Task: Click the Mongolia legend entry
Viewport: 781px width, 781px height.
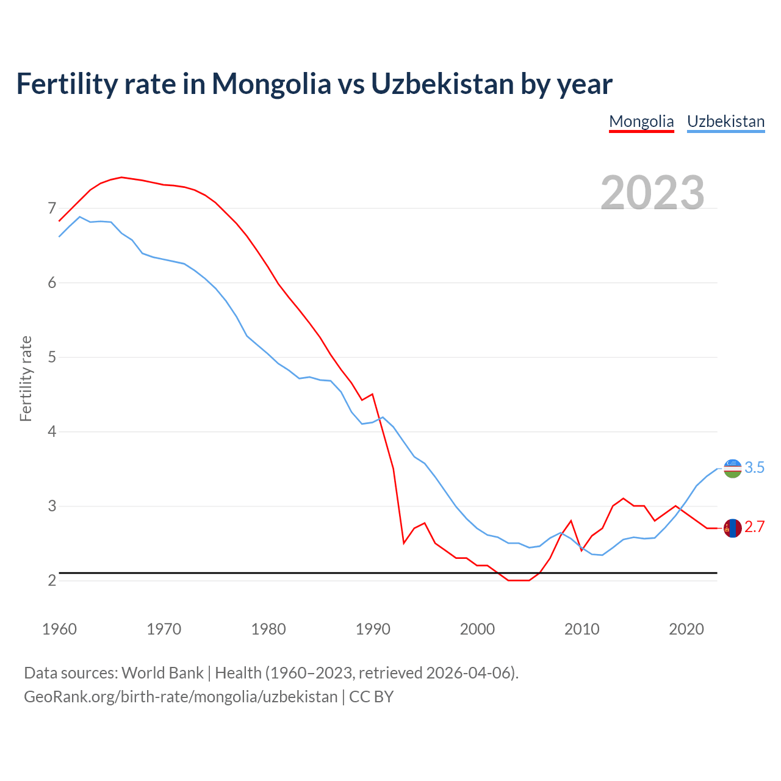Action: click(x=641, y=121)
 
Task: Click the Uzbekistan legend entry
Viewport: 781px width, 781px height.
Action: click(x=725, y=121)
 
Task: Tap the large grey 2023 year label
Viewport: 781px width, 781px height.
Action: click(x=652, y=193)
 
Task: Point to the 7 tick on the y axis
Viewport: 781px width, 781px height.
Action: click(x=52, y=209)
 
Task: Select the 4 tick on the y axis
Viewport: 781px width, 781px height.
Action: click(x=52, y=432)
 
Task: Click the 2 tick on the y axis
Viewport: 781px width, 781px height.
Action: click(x=52, y=580)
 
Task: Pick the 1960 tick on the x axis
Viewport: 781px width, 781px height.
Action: click(x=59, y=629)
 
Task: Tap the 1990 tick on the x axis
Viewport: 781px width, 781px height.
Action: click(x=373, y=629)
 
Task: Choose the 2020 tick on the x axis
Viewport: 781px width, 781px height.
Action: click(x=686, y=629)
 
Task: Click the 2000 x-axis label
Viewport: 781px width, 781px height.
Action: click(x=477, y=629)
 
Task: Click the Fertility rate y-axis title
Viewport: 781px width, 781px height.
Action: click(x=26, y=378)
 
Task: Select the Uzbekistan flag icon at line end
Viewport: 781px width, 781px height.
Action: click(x=732, y=468)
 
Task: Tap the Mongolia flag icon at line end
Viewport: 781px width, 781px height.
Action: click(x=732, y=528)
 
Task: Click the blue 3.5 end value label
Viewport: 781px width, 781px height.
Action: click(x=755, y=468)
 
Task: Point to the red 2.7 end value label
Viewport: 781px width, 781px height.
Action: click(x=755, y=527)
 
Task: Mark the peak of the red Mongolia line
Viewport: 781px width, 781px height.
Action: click(x=121, y=177)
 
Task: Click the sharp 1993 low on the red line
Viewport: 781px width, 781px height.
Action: click(x=404, y=542)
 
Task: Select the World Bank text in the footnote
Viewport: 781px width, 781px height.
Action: click(x=162, y=673)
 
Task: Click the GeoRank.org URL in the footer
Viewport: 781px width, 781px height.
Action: click(x=181, y=697)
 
